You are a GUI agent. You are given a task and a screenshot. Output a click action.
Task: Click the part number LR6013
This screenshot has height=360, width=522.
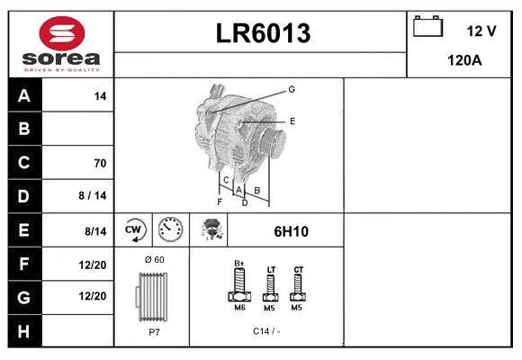[262, 33]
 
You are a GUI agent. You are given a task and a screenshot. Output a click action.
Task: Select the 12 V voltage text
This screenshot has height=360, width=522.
[481, 31]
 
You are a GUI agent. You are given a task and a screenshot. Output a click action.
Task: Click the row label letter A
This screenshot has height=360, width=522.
[24, 95]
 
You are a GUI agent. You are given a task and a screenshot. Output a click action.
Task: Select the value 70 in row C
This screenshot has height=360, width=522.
[100, 163]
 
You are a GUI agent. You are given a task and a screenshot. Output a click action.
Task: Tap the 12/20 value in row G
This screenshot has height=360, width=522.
[93, 296]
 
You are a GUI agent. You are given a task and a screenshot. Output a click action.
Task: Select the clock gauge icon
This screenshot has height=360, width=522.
[169, 230]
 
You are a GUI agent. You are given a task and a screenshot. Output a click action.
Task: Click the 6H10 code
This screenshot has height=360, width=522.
[291, 231]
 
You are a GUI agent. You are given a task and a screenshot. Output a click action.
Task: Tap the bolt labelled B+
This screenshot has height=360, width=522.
[239, 286]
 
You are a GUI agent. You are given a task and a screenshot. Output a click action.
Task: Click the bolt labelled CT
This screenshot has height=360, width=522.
[299, 286]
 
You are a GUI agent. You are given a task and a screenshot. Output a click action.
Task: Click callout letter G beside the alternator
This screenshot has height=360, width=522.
[292, 89]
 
